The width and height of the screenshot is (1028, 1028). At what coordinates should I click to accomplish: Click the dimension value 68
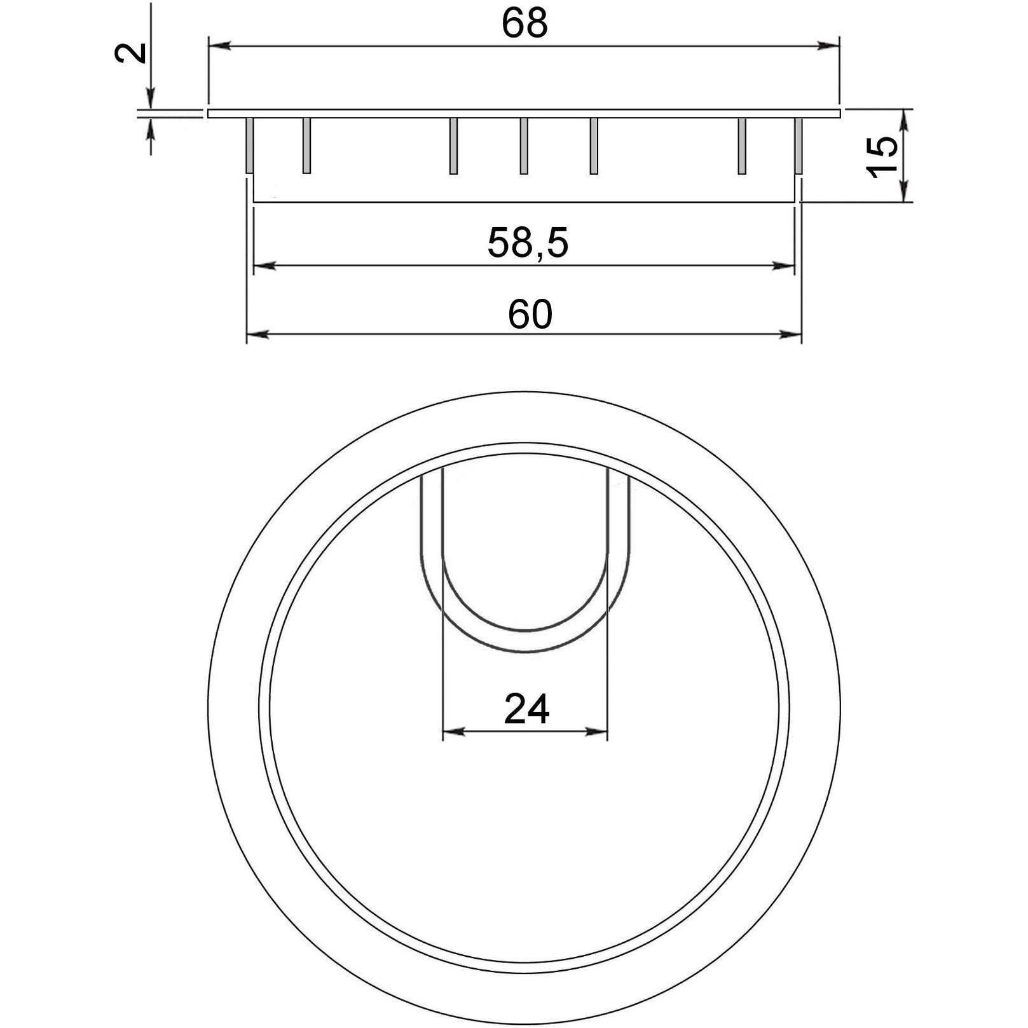click(x=524, y=24)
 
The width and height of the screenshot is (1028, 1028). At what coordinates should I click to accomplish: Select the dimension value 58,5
click(x=528, y=243)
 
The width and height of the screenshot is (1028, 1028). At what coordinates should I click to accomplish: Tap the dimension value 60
click(x=530, y=314)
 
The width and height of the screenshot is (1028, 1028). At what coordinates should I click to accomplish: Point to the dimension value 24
click(x=526, y=709)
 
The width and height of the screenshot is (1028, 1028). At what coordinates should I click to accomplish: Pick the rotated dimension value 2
click(x=131, y=51)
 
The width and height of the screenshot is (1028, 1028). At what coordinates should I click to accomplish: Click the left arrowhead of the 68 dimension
click(x=219, y=46)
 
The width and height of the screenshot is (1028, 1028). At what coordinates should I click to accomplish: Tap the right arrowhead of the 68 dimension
click(x=829, y=46)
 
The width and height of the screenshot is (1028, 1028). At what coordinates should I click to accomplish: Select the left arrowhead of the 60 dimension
click(x=257, y=333)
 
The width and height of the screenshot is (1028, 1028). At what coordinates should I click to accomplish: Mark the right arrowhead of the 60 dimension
click(x=790, y=333)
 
